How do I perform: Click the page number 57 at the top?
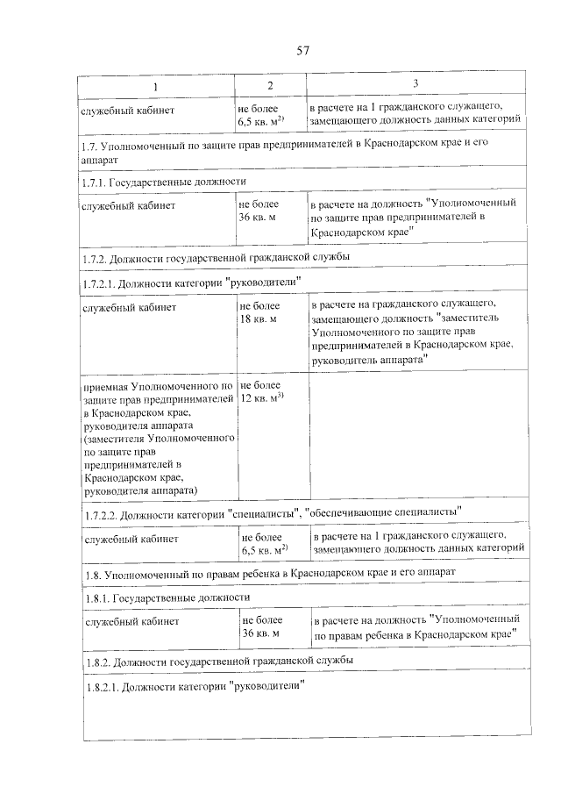(304, 49)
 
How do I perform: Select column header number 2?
(270, 85)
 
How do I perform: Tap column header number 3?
(415, 83)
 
